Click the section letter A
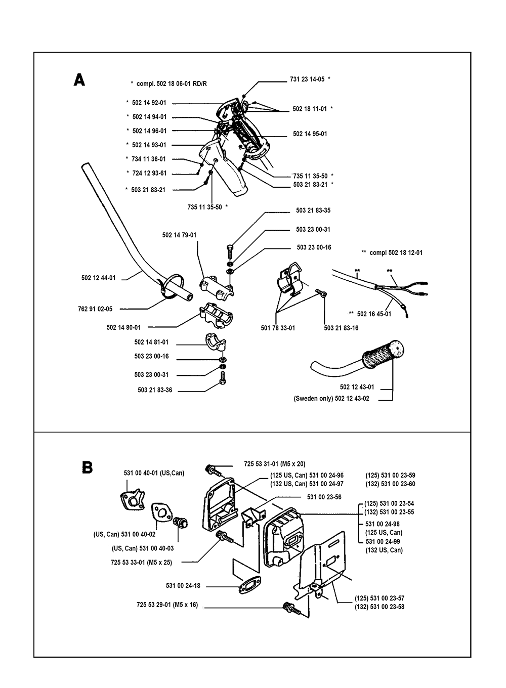[79, 80]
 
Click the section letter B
[87, 467]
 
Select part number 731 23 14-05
[307, 79]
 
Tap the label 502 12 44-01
[98, 278]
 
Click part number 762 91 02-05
[95, 308]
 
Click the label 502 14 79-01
[179, 235]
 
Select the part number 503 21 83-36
[155, 390]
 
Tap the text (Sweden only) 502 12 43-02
[331, 399]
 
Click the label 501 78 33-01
[278, 328]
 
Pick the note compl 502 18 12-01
[392, 252]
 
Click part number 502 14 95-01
[310, 134]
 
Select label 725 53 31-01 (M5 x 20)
[274, 463]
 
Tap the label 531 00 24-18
[183, 586]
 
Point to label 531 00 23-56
[324, 497]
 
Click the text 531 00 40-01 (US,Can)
[154, 473]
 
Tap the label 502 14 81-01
[151, 342]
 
